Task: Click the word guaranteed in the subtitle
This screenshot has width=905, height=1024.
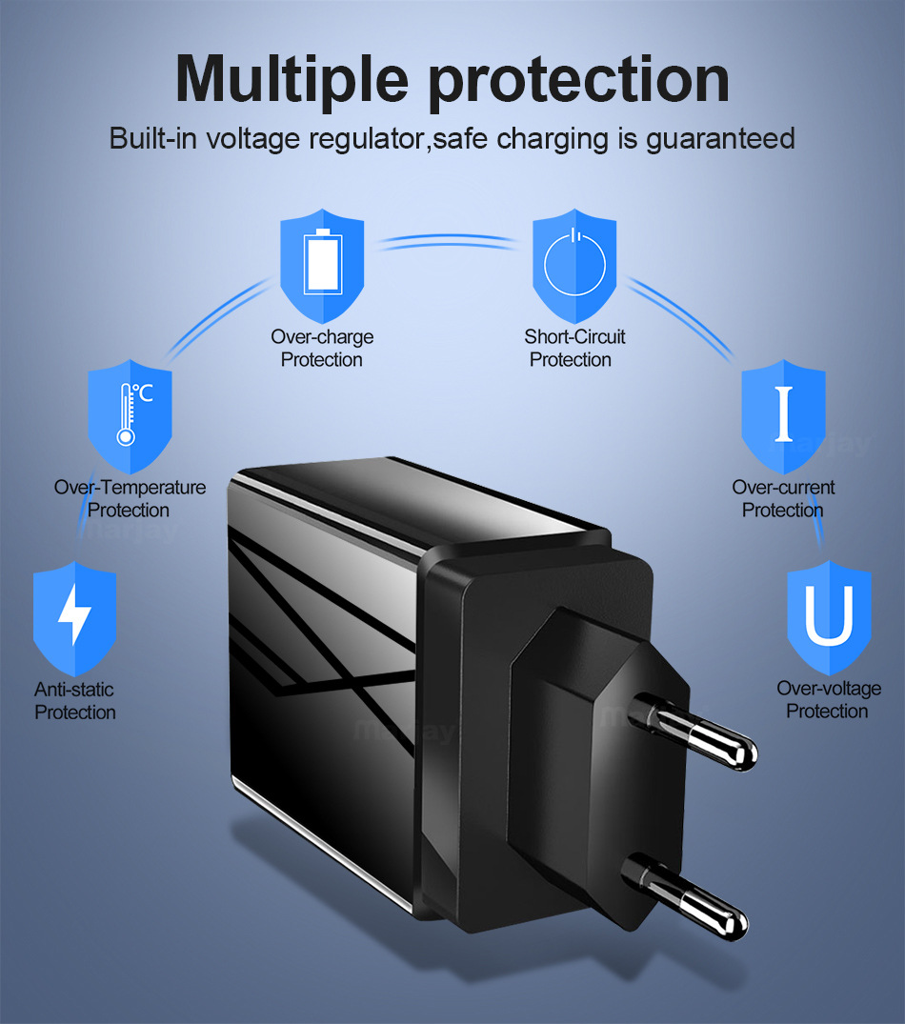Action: [x=720, y=138]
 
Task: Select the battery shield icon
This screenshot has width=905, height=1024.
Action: [x=321, y=264]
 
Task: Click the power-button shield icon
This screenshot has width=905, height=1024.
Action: [x=573, y=264]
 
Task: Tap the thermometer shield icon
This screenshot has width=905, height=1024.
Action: [x=130, y=414]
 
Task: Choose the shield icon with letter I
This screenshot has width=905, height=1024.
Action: [x=783, y=414]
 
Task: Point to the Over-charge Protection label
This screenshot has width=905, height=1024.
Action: [x=322, y=348]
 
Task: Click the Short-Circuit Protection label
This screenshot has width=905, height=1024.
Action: [x=573, y=348]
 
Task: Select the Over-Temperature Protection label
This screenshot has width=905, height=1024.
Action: [x=130, y=498]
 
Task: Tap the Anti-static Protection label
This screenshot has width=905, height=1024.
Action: [x=75, y=700]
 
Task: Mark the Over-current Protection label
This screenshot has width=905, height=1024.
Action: [x=783, y=498]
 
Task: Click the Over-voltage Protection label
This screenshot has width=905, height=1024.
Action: [x=828, y=699]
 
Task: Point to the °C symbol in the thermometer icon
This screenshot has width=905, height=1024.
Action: [x=142, y=393]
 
